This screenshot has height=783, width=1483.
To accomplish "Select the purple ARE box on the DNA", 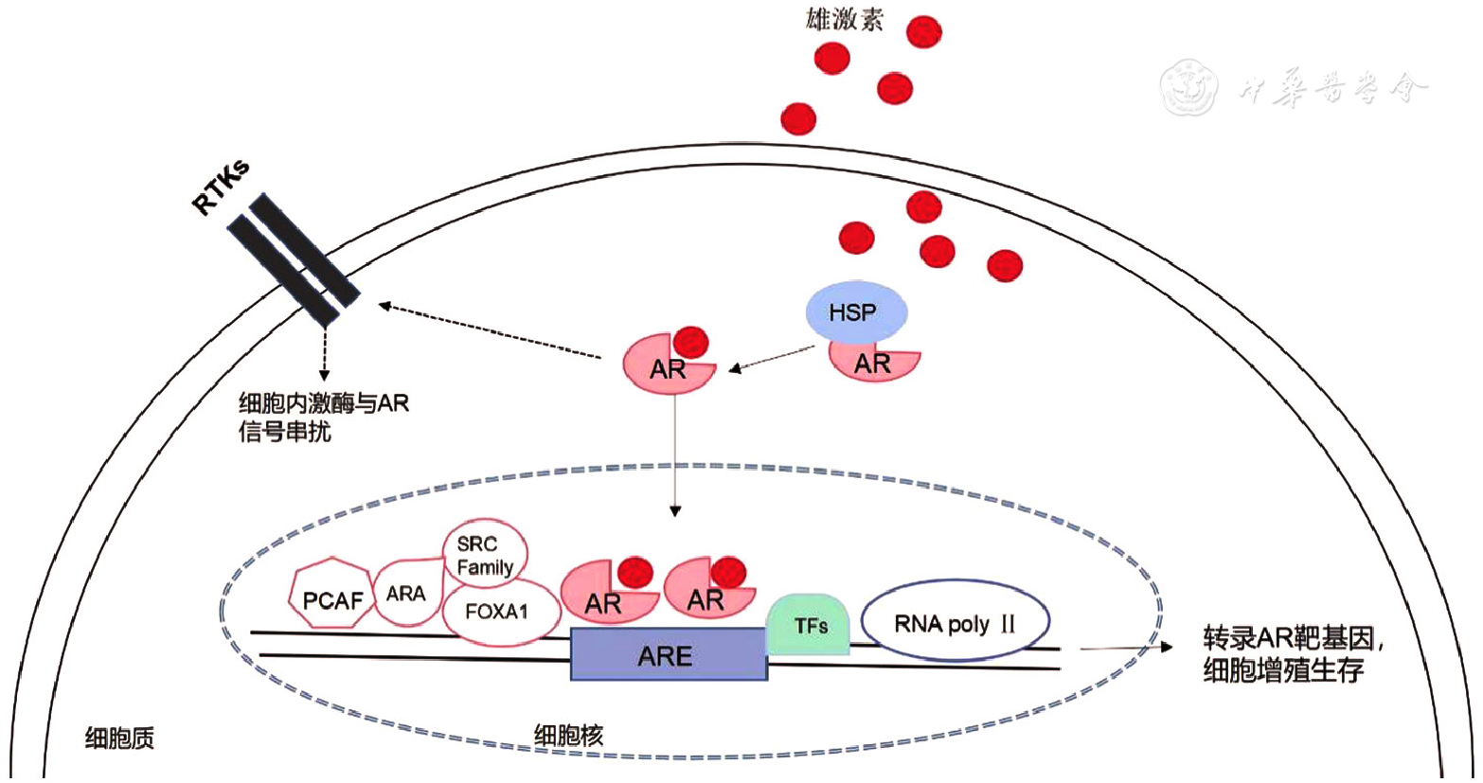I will click(668, 655).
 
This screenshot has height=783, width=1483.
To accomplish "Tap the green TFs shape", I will click(810, 626).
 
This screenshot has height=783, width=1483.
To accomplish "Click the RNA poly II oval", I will click(955, 624).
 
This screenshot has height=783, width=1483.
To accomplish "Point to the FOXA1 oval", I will click(497, 612).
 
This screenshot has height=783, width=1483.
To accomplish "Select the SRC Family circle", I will click(485, 555).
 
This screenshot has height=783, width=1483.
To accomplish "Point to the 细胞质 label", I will click(119, 739).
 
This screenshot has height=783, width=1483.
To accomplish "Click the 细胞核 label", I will click(568, 735).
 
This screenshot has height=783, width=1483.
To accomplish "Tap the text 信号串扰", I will click(285, 433).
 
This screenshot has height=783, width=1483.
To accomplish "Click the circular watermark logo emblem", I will click(1190, 87).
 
